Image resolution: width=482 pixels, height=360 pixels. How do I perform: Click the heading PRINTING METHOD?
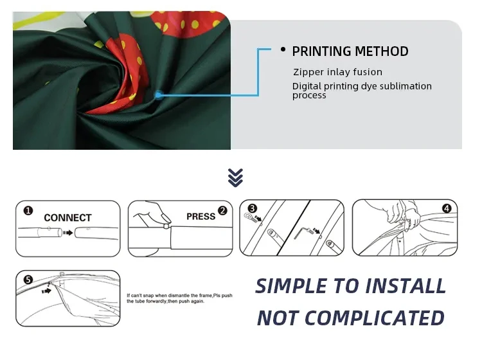[x=350, y=51]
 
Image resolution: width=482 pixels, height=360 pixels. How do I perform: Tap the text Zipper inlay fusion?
[x=337, y=72]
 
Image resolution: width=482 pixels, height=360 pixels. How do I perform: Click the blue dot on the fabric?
[x=158, y=94]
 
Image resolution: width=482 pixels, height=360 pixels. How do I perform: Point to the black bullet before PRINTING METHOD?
[x=283, y=50]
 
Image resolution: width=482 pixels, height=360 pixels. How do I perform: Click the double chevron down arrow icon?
[x=236, y=177]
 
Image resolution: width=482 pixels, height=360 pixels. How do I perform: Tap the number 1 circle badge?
[x=28, y=210]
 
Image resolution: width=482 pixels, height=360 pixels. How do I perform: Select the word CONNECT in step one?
[x=67, y=218]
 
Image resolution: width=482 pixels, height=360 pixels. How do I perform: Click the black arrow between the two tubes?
[x=67, y=233]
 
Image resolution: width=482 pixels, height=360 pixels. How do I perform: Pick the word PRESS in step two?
[x=201, y=217]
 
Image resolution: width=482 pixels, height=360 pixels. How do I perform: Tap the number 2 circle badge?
[x=222, y=210]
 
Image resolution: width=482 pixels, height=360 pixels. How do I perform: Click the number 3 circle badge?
[x=252, y=208]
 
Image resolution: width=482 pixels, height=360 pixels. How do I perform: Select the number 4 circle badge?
[x=447, y=208]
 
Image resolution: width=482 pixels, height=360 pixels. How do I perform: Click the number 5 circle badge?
[x=28, y=280]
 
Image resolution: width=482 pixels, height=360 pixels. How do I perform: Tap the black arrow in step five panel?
[x=46, y=291]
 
